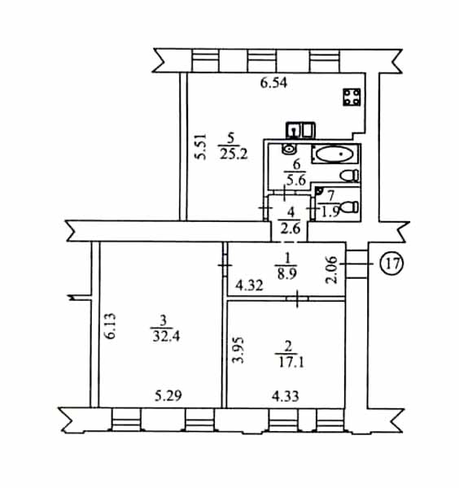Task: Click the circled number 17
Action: click(x=392, y=264)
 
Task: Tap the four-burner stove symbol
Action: click(x=352, y=97)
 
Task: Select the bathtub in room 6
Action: click(x=335, y=154)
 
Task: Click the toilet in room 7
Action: click(x=349, y=207)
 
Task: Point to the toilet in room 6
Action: click(x=349, y=176)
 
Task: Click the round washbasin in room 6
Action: click(x=289, y=149)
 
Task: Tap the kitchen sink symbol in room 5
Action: click(x=300, y=130)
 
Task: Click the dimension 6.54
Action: click(x=273, y=84)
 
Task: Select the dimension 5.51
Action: click(x=201, y=146)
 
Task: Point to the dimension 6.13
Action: click(x=110, y=326)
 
